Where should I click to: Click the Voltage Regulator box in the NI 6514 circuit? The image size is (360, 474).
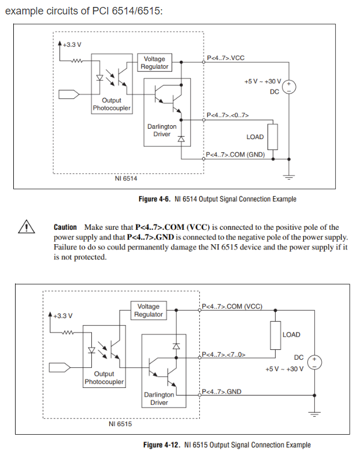point(155,62)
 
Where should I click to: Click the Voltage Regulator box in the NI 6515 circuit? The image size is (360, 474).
point(149,311)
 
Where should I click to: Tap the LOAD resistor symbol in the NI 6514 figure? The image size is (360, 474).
point(273,137)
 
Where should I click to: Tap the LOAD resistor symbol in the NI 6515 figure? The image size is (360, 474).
point(275,335)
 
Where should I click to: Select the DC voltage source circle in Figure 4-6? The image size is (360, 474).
point(289,87)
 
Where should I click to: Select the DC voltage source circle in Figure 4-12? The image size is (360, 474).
point(314,362)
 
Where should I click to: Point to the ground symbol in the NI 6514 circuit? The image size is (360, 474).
point(289,177)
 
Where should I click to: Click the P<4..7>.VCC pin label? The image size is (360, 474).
point(226,58)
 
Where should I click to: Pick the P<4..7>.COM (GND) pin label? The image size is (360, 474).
point(235,155)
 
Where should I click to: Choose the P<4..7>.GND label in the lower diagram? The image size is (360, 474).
point(221,391)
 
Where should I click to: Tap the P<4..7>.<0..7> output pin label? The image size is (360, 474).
point(228,115)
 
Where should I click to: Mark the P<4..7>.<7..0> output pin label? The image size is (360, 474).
point(224,354)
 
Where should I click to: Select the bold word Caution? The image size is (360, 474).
point(65,227)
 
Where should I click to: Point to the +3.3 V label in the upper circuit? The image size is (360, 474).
point(72,44)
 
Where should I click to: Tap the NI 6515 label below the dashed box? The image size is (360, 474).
point(120,424)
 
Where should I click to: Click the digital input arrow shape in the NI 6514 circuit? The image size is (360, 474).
point(69,94)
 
